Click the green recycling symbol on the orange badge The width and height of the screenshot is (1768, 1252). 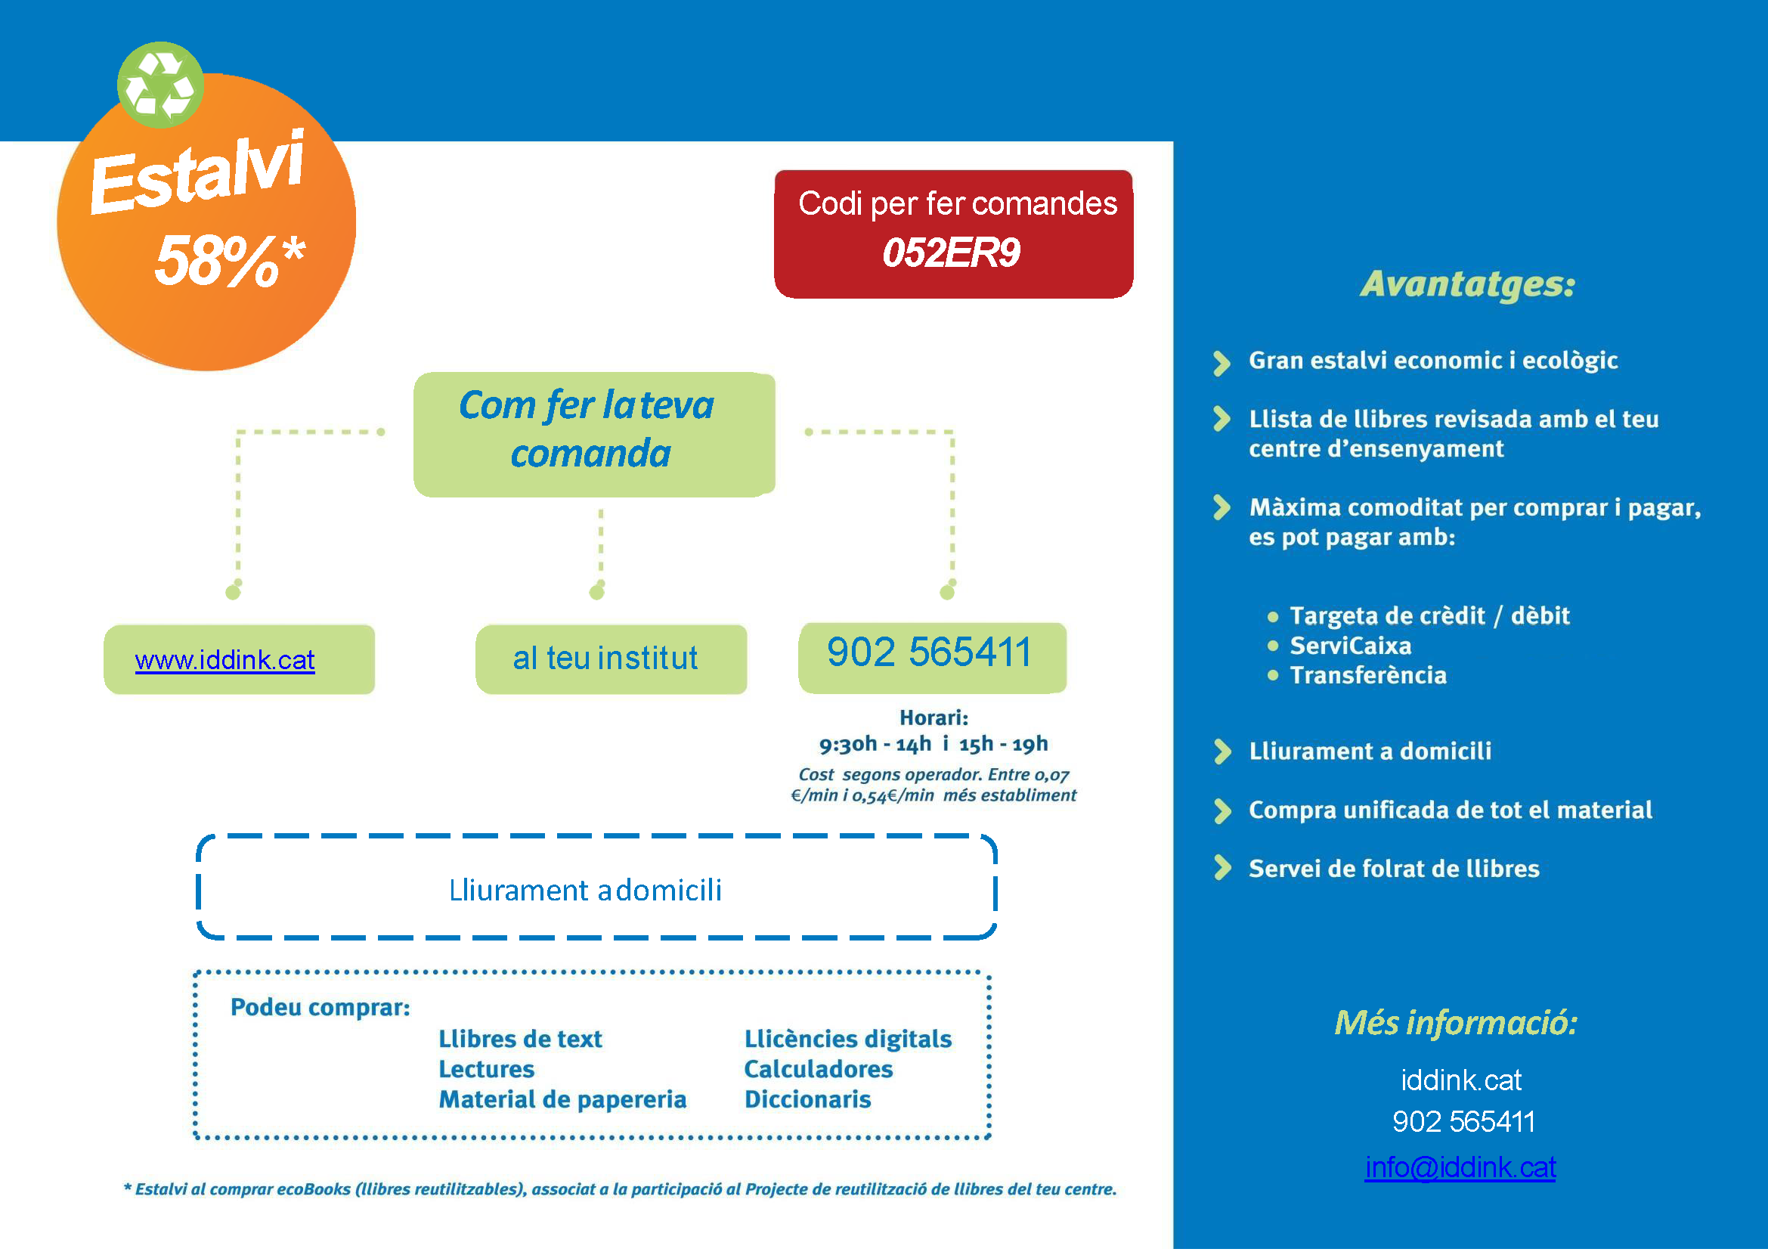[x=160, y=85]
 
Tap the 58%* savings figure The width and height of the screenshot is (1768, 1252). [x=230, y=261]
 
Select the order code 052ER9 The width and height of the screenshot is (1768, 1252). [x=951, y=253]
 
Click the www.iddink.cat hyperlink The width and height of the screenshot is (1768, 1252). [x=224, y=661]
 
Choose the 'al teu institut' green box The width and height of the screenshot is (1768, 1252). [x=611, y=659]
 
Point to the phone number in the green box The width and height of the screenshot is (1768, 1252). [x=930, y=653]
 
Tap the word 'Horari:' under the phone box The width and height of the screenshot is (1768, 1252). [x=934, y=718]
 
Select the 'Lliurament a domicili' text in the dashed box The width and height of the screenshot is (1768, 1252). [x=586, y=891]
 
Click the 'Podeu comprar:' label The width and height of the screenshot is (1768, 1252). [x=320, y=1008]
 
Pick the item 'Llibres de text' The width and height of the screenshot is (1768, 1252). [x=520, y=1040]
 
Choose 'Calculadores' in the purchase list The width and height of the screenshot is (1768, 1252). [x=818, y=1069]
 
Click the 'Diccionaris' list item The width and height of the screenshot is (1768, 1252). [x=807, y=1099]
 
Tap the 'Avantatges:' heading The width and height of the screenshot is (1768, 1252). [x=1467, y=284]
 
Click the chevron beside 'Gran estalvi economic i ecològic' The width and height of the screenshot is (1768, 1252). [x=1221, y=363]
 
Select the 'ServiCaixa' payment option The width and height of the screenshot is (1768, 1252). [x=1350, y=646]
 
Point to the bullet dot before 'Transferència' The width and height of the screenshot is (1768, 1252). [x=1272, y=676]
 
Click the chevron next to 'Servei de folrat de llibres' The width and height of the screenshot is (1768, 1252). [x=1221, y=868]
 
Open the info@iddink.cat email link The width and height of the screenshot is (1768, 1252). [x=1460, y=1168]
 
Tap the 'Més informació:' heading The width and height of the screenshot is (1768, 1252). [x=1456, y=1023]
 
